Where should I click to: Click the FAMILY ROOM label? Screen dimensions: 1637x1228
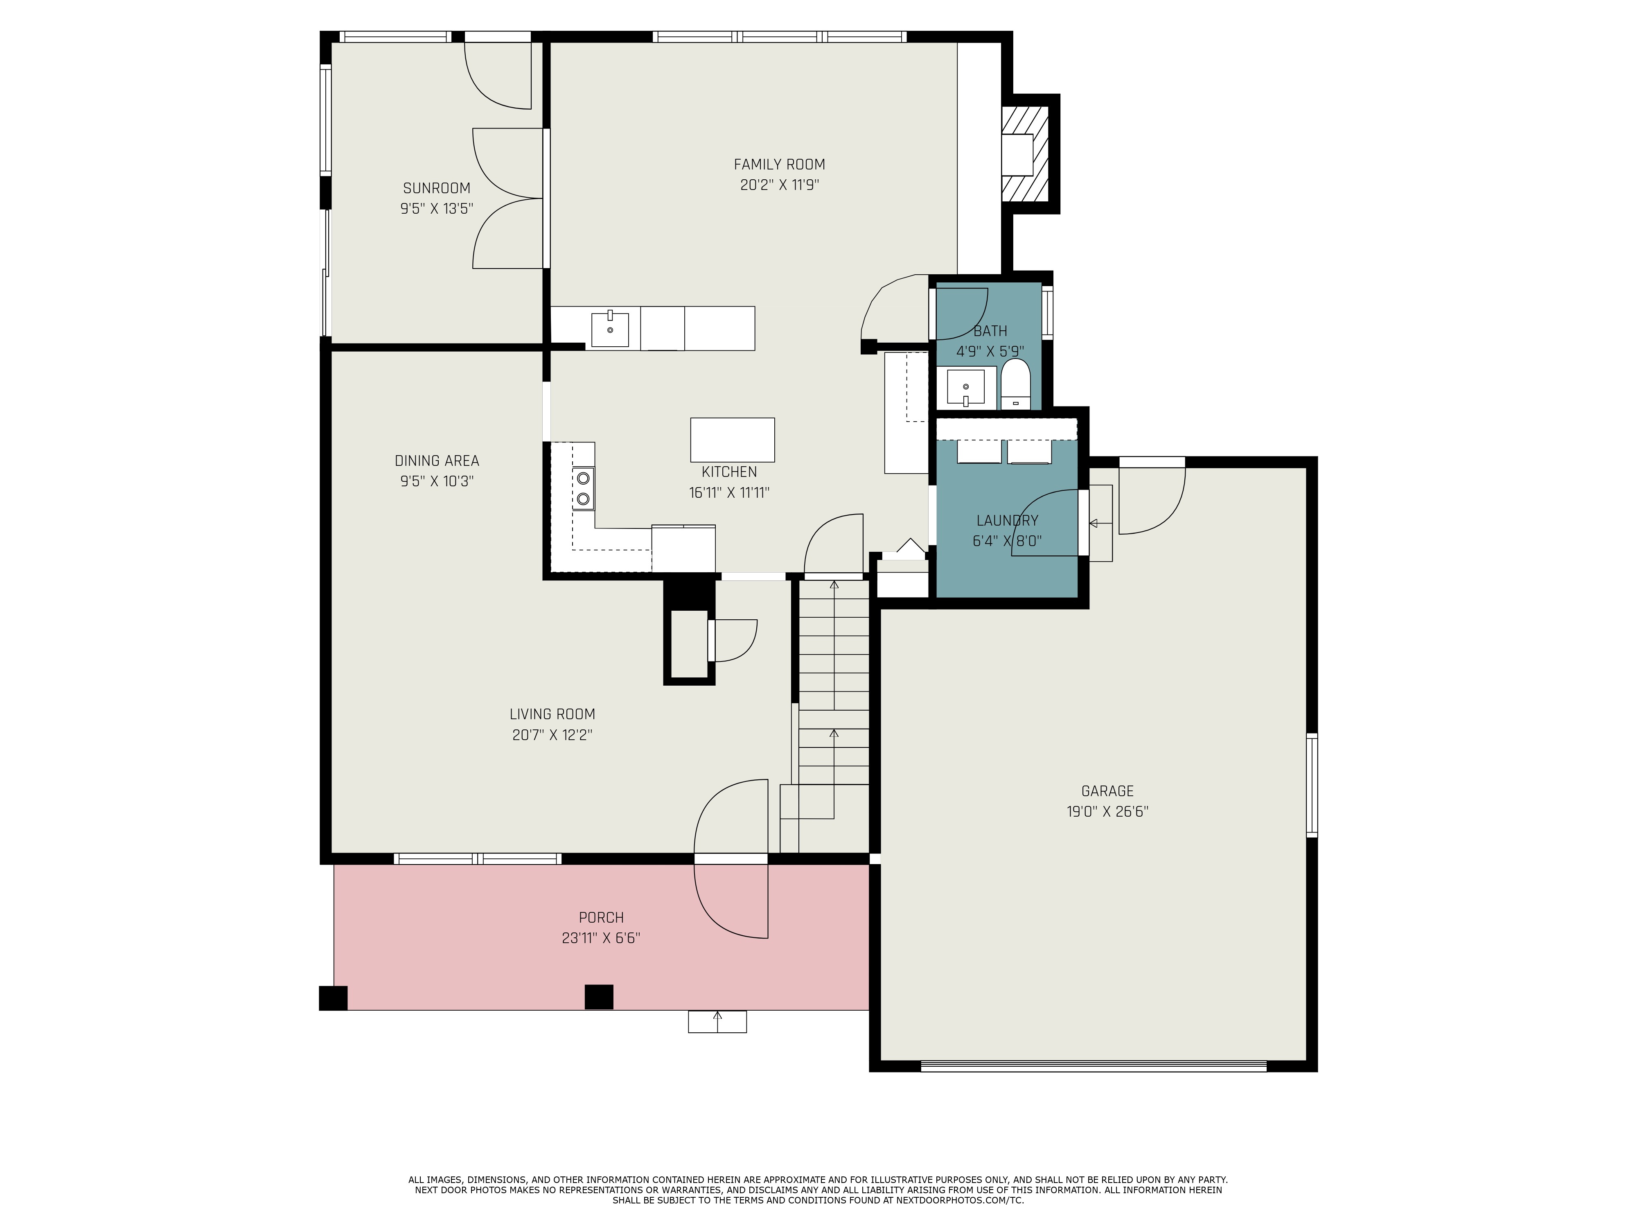[x=779, y=164]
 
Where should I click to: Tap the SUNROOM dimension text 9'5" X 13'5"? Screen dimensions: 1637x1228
[x=437, y=209]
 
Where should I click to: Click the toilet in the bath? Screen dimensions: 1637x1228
[x=1015, y=384]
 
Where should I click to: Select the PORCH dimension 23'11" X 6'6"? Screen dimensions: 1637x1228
[x=601, y=938]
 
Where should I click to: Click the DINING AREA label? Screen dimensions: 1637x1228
[x=437, y=460]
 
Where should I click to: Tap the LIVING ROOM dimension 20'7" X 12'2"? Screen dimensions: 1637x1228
[x=552, y=735]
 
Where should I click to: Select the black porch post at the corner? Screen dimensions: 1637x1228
[x=333, y=998]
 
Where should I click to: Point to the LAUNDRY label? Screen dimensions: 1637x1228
[x=1007, y=520]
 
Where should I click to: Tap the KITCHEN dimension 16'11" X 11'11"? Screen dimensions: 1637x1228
[x=730, y=492]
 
